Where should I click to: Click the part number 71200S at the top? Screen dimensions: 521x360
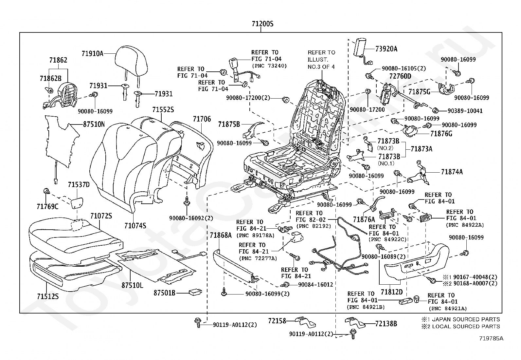[x=262, y=24]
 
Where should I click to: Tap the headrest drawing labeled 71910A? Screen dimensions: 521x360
[x=131, y=61]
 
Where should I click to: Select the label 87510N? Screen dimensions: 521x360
[x=94, y=124]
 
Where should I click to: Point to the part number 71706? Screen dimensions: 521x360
[x=202, y=119]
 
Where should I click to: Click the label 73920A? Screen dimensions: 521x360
[x=386, y=49]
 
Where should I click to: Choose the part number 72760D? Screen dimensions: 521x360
[x=400, y=76]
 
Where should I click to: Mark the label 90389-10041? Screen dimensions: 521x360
[x=465, y=111]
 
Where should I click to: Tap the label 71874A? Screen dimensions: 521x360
[x=452, y=172]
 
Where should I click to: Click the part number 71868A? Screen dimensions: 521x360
[x=221, y=235]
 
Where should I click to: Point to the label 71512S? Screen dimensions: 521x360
[x=48, y=296]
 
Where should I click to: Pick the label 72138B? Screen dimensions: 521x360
[x=386, y=324]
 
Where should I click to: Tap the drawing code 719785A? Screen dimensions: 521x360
[x=491, y=339]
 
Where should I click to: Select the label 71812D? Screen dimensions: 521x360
[x=392, y=292]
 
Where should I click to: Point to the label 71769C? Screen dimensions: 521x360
[x=47, y=206]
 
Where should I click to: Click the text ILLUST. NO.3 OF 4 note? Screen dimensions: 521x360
[x=321, y=63]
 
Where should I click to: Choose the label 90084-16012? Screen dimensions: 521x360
[x=315, y=285]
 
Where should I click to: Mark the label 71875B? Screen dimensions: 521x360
[x=229, y=124]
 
